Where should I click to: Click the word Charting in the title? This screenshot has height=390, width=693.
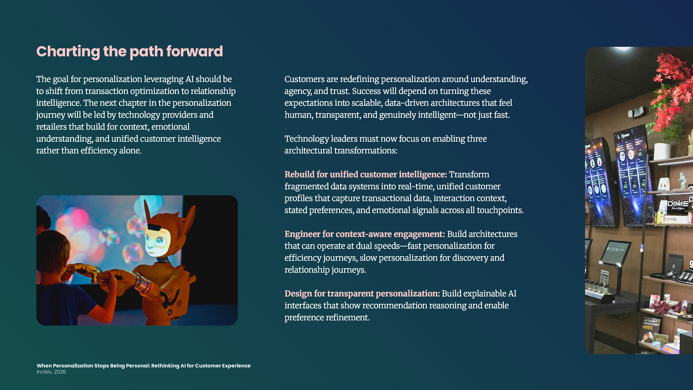coord(68,51)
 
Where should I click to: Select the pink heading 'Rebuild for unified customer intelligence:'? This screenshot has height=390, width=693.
coord(366,174)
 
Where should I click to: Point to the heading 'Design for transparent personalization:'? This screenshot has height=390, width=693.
coord(362,294)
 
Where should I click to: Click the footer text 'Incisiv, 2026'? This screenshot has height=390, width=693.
coord(51,372)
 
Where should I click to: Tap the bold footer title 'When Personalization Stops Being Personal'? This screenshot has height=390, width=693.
coord(93,366)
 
